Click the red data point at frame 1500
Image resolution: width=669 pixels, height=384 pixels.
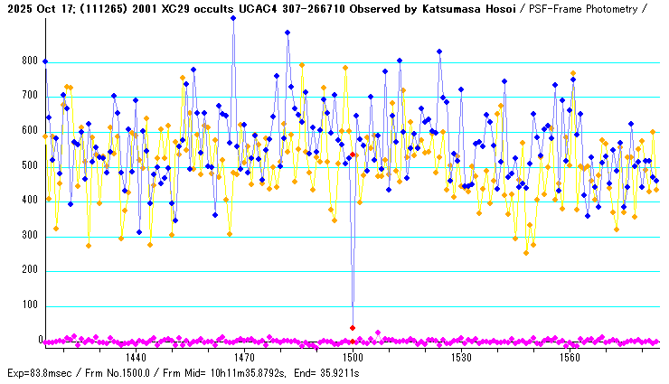pyautogui.click(x=353, y=327)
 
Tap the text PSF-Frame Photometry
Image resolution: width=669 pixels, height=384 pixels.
pyautogui.click(x=578, y=8)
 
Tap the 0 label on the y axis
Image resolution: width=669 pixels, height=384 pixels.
pyautogui.click(x=40, y=341)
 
